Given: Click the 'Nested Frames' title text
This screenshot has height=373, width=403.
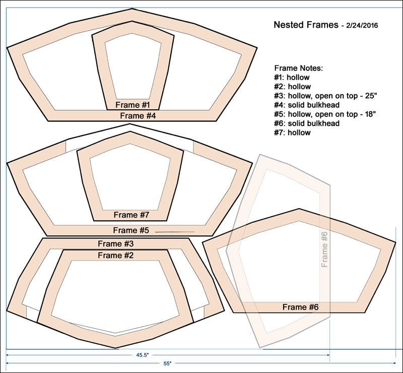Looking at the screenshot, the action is [x=306, y=25].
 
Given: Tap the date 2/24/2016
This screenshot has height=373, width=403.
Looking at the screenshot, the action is [x=362, y=26].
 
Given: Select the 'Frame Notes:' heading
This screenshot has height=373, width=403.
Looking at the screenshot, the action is [x=298, y=68].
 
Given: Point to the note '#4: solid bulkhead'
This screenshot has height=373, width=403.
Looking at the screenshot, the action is [x=307, y=105].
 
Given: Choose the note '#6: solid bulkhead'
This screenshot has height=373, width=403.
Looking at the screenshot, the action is [x=307, y=123].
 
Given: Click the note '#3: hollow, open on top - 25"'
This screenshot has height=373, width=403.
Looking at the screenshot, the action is [x=325, y=96].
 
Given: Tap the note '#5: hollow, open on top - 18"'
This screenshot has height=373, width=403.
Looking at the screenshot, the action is [x=325, y=114].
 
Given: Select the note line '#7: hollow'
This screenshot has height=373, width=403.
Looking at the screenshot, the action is [x=292, y=133].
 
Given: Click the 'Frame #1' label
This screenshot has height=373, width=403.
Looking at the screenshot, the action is [x=132, y=105].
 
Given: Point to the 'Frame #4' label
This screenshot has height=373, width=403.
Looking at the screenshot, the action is [x=138, y=116].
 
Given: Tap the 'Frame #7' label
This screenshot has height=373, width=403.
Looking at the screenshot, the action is [x=131, y=215].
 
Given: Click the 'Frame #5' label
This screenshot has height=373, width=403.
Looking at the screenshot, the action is [x=131, y=230].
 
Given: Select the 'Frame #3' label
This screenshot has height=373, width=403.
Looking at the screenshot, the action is [x=116, y=243].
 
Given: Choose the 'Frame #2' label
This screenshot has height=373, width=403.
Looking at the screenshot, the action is [x=116, y=256].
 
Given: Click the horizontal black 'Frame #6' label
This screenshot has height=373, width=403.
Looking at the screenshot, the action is [x=300, y=307].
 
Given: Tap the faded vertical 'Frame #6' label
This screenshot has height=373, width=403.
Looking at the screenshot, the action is [x=324, y=250].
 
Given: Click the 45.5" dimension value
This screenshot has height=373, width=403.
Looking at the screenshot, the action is [x=143, y=355].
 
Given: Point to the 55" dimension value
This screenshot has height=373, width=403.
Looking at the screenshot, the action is [x=167, y=363].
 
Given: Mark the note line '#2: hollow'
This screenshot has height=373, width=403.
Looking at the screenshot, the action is [x=292, y=87].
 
